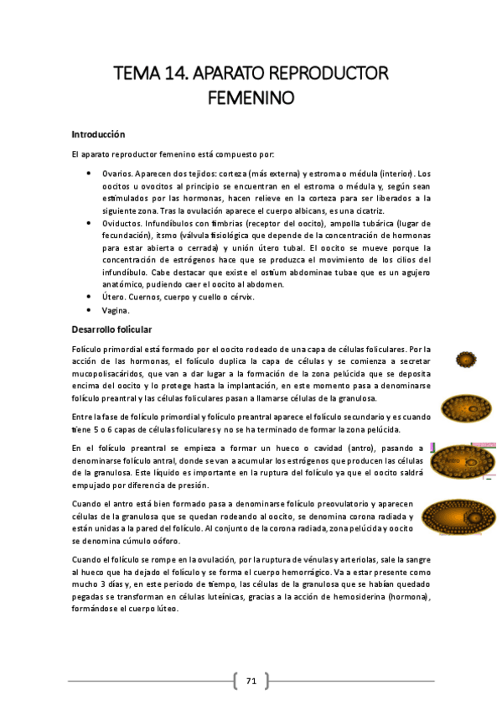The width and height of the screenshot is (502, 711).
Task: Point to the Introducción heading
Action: tap(98, 133)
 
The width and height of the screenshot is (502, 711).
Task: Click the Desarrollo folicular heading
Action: tap(111, 330)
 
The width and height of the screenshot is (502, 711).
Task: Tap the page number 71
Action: tap(251, 681)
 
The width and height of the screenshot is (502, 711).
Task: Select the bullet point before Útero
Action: tap(91, 297)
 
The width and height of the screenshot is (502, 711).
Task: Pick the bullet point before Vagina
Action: tap(91, 309)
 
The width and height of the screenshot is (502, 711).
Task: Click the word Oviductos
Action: tap(120, 224)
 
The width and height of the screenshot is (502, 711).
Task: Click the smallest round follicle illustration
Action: tap(466, 360)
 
